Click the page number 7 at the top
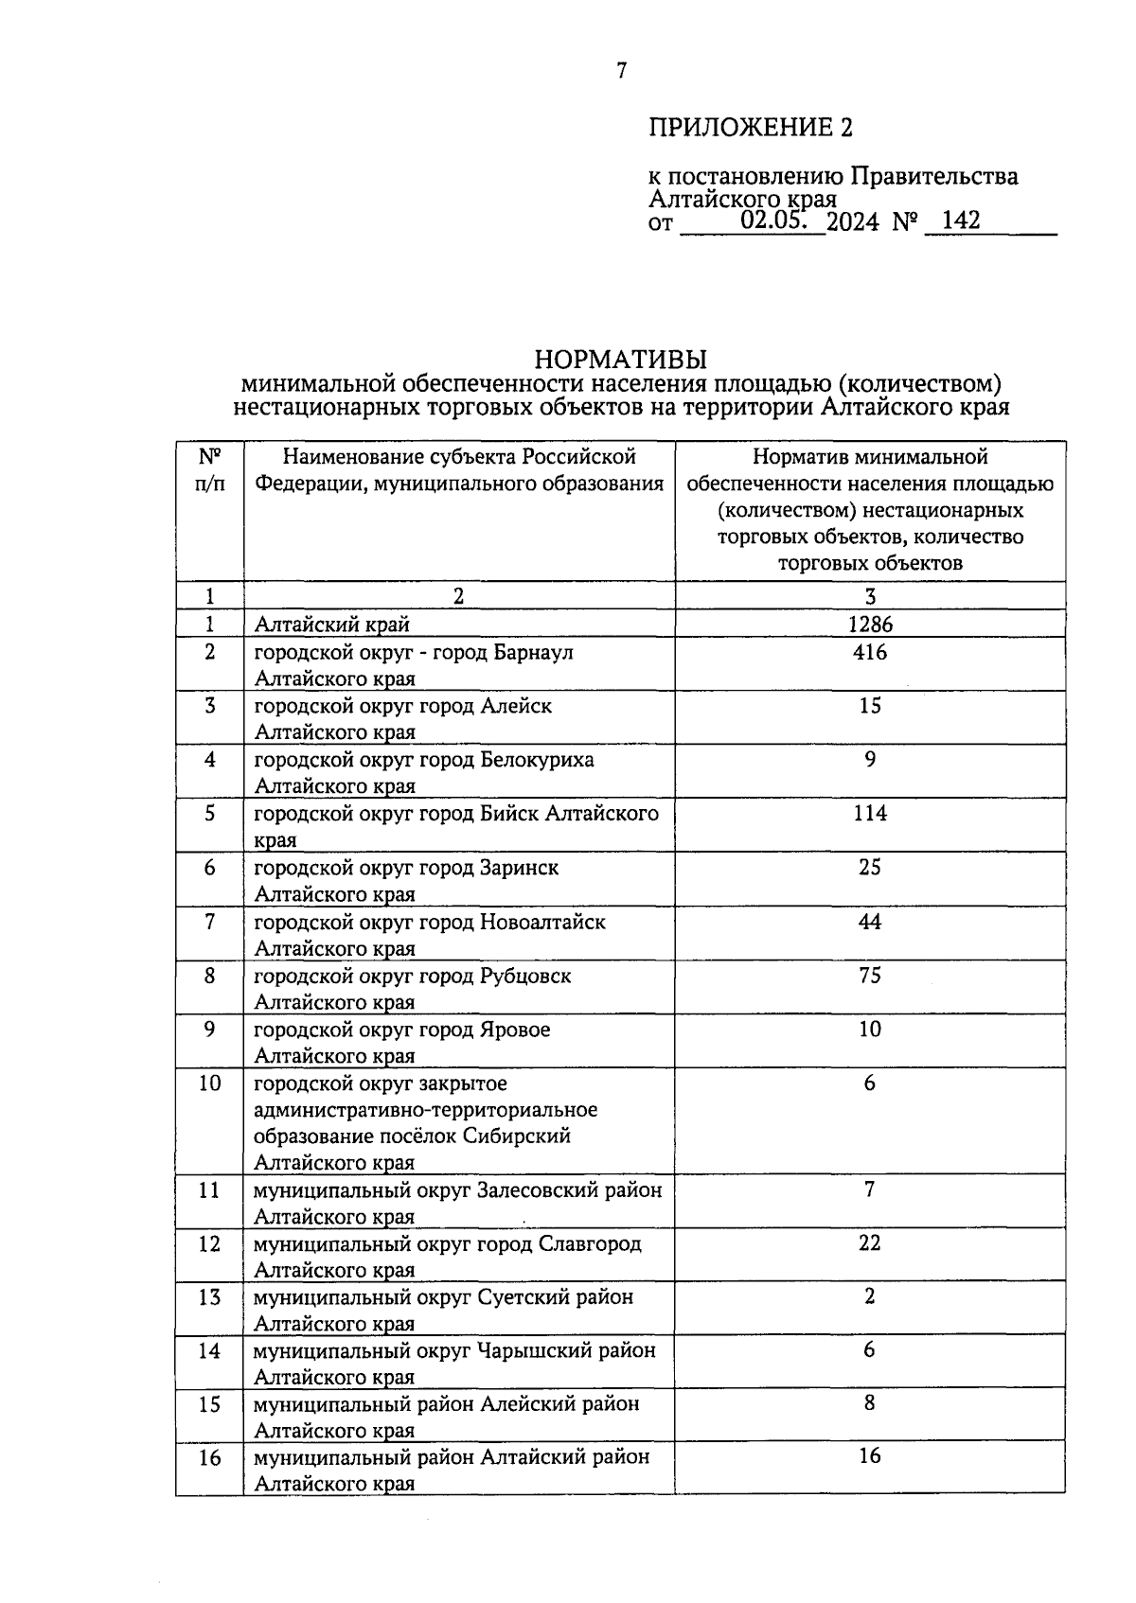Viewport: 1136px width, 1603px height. (621, 71)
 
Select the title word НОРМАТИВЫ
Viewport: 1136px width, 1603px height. (621, 360)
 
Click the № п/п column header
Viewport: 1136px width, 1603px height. (209, 470)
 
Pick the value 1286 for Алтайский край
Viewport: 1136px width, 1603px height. (870, 624)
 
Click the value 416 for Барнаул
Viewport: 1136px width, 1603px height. (870, 652)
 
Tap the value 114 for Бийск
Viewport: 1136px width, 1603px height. (870, 814)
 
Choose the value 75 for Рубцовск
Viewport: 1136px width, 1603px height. (870, 976)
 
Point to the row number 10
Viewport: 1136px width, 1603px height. (209, 1083)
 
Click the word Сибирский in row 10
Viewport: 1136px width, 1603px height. (517, 1136)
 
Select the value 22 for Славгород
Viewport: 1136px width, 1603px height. (870, 1243)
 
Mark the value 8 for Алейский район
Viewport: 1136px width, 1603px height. (870, 1404)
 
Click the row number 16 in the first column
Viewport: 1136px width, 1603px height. (209, 1458)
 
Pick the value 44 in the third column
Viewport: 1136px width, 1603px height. (870, 922)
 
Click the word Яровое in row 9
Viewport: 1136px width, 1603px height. (515, 1030)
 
